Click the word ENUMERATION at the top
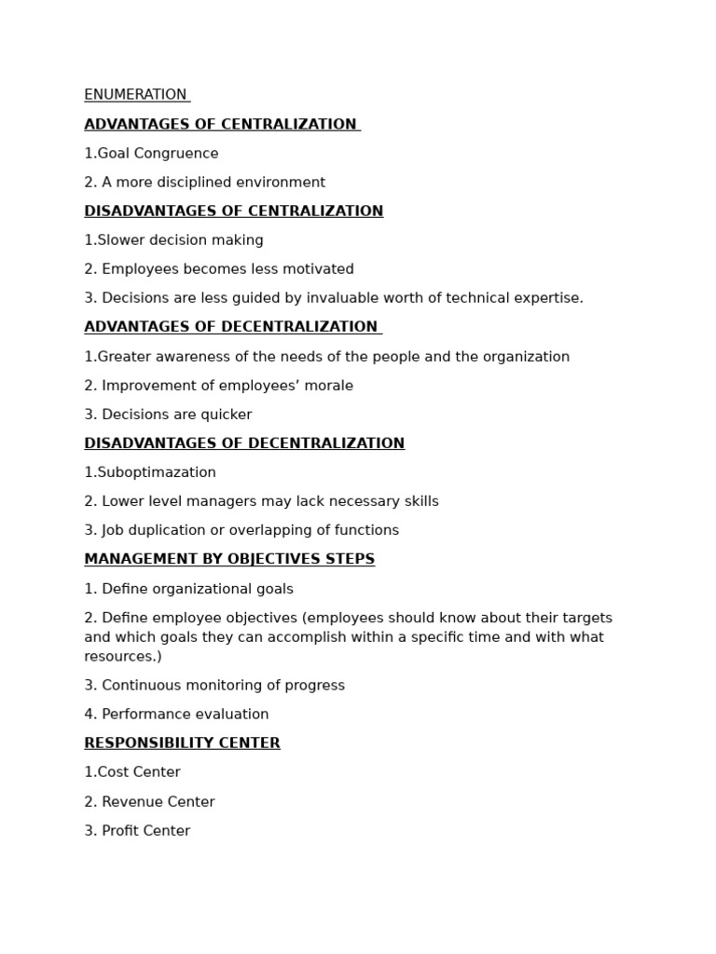(135, 95)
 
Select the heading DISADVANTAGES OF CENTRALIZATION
(233, 211)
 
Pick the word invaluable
(358, 298)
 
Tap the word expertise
(549, 298)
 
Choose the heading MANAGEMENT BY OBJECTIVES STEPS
(229, 560)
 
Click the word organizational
(187, 589)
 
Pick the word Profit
(119, 831)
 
